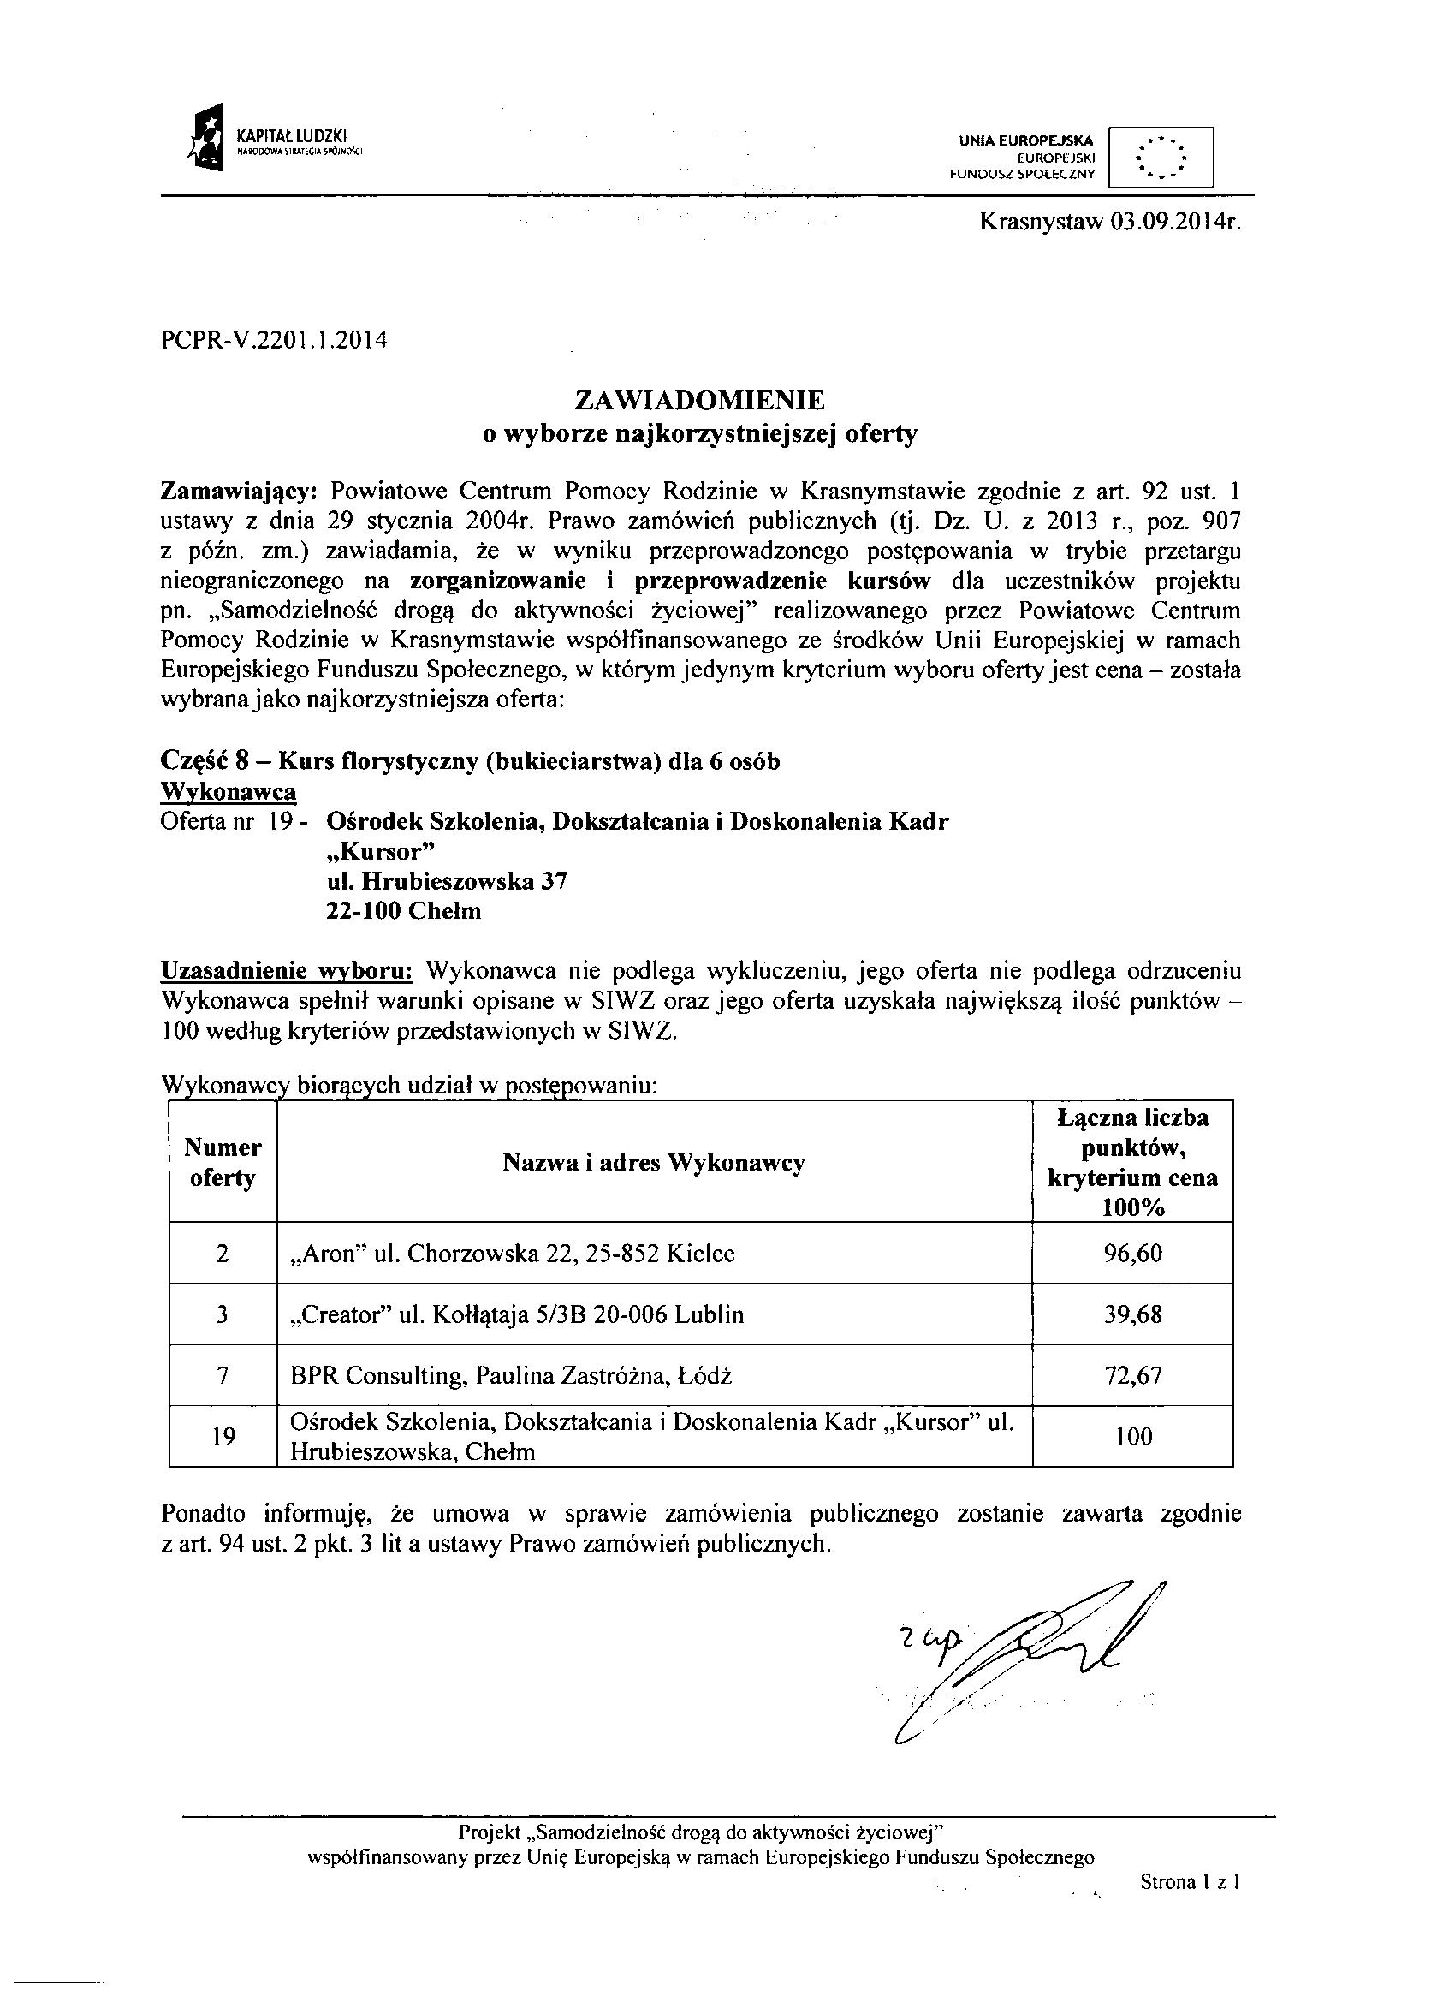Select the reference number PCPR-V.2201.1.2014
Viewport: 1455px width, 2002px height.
[275, 340]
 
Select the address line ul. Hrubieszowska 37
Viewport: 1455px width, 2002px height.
[447, 880]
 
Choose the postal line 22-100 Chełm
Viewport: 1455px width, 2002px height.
[403, 910]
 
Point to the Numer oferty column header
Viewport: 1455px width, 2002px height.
[223, 1163]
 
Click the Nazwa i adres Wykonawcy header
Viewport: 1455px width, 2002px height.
[654, 1163]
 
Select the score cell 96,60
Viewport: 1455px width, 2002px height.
[1133, 1253]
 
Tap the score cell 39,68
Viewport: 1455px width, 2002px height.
[1133, 1314]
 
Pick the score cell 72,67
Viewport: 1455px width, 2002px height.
[1133, 1375]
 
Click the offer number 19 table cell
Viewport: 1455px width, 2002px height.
[223, 1436]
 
